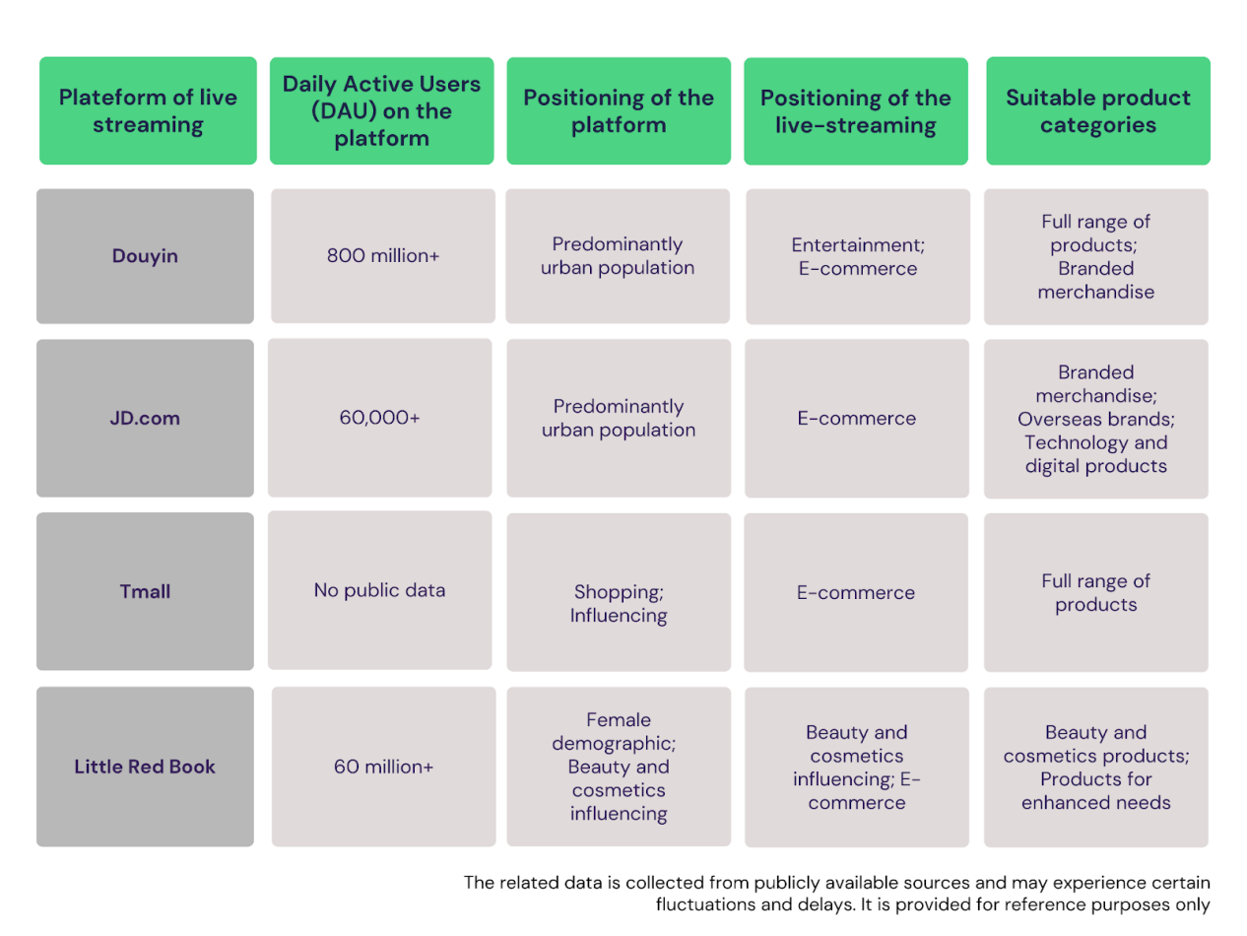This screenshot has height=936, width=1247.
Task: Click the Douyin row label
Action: pos(145,256)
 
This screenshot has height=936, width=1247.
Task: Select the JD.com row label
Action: pos(145,418)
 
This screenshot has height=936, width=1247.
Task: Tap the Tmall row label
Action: pos(145,591)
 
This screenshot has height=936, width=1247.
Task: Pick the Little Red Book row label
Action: pos(145,767)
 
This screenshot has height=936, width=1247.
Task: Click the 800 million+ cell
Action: pos(383,256)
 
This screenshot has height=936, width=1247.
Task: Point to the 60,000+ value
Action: pos(379,418)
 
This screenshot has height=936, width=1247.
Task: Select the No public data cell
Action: pos(379,590)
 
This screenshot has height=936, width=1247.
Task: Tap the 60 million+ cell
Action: pos(383,767)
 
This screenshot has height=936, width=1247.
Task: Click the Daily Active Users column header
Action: pos(381,110)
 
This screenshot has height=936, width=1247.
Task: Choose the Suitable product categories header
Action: pos(1097,110)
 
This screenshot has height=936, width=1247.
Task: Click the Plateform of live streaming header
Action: pos(148,110)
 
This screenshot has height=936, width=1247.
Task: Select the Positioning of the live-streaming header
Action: pos(856,111)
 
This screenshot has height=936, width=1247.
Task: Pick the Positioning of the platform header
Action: pos(619,110)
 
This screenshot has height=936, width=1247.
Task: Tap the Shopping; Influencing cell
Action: pos(619,592)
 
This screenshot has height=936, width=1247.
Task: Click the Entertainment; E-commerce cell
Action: pos(858,256)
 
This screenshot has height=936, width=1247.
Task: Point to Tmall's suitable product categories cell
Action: pos(1096,592)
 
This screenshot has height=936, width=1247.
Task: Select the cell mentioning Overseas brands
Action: pos(1096,419)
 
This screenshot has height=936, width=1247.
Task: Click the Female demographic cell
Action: pos(619,767)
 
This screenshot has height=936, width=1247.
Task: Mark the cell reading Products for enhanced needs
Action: pos(1096,768)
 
